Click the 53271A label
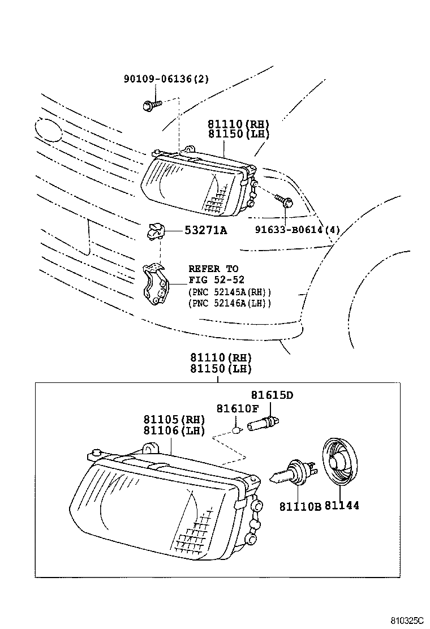pos(205,230)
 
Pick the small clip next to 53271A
pos(156,230)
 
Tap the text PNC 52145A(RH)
pos(229,292)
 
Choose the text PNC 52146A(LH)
pos(229,304)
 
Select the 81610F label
pos(238,408)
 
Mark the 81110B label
pos(299,506)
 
